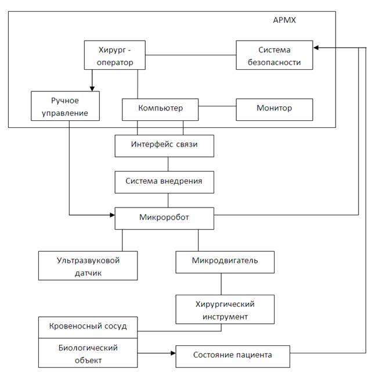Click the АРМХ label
[x=284, y=20]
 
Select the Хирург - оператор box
[x=114, y=55]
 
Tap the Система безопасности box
[x=275, y=55]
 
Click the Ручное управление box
[x=65, y=106]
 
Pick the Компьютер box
[x=160, y=109]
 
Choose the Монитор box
[x=275, y=109]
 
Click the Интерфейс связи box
[x=164, y=146]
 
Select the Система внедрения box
[x=164, y=182]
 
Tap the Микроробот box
[x=164, y=219]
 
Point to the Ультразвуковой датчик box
[x=88, y=266]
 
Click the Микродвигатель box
[x=225, y=262]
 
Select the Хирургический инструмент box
[x=225, y=309]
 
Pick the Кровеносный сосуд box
[x=88, y=327]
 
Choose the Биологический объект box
[x=88, y=353]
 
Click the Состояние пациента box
[x=233, y=356]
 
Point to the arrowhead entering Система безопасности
[x=316, y=48]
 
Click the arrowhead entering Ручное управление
[x=92, y=88]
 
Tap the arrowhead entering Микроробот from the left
[x=112, y=215]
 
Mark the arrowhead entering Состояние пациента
[x=173, y=353]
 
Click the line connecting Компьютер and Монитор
[x=217, y=106]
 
